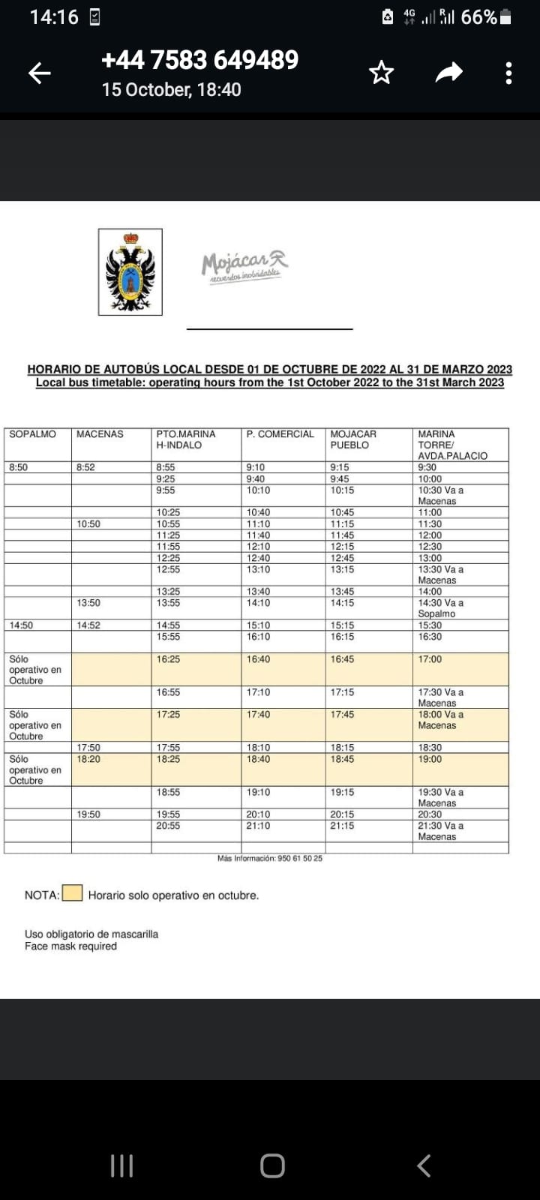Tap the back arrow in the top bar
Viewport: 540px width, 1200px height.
click(x=40, y=73)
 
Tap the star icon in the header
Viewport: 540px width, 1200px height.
click(x=381, y=73)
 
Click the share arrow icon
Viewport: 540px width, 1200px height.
click(x=448, y=73)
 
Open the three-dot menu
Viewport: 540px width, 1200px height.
click(x=508, y=73)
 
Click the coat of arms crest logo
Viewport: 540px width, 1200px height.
click(x=130, y=271)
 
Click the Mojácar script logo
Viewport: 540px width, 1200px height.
click(x=244, y=265)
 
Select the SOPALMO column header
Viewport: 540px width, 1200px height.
click(x=32, y=434)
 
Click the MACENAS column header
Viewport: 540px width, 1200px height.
click(x=100, y=434)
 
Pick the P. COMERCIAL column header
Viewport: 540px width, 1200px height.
click(x=280, y=434)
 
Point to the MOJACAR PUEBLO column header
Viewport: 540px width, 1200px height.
click(x=353, y=439)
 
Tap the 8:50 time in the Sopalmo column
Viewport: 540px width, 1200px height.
click(x=18, y=467)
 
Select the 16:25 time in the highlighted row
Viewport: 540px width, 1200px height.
click(x=168, y=659)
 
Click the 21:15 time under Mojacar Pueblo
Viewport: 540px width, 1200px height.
click(x=342, y=826)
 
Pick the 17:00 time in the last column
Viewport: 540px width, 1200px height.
click(x=430, y=659)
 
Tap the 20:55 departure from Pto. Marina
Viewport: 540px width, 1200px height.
click(x=168, y=826)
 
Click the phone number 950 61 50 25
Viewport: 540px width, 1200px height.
click(x=300, y=858)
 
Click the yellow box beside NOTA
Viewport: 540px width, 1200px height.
click(x=72, y=893)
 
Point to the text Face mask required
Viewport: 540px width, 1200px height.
click(x=70, y=946)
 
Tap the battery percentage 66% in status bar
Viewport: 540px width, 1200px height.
click(x=478, y=17)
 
